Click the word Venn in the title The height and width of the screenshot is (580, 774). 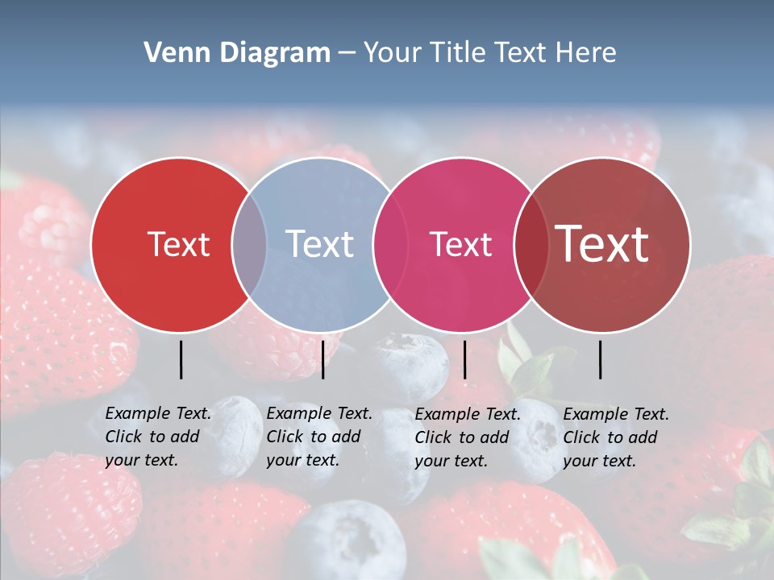(x=173, y=53)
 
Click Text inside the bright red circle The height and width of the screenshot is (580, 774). (x=178, y=244)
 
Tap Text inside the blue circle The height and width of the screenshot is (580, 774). (x=319, y=244)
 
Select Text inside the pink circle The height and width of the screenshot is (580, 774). (x=460, y=244)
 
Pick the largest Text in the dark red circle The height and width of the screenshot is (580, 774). (x=602, y=244)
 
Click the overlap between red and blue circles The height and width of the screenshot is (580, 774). (x=249, y=245)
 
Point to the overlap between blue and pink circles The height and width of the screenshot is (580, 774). (x=389, y=245)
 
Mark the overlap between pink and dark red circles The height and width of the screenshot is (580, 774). (x=531, y=245)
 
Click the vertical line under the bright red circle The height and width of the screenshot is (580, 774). (x=181, y=359)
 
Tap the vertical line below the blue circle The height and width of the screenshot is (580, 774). (x=322, y=359)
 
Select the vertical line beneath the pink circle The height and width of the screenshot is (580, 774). (x=464, y=359)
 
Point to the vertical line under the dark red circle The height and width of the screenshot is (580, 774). (x=600, y=359)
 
